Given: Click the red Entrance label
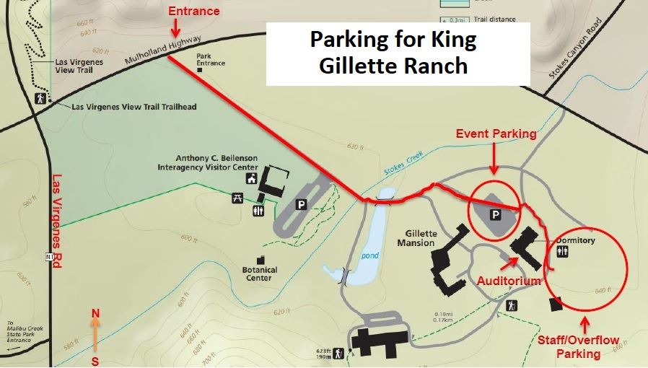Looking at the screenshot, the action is [x=193, y=12].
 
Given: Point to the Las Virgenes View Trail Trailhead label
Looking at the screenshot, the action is [x=134, y=107].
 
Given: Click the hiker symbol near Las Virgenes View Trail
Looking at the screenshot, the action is [x=41, y=98].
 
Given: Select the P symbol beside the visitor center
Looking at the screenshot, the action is [x=302, y=205].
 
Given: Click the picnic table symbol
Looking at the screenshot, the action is [x=237, y=198].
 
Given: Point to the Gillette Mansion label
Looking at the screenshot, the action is [x=416, y=239].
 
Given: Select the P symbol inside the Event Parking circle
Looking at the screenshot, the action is [x=496, y=214].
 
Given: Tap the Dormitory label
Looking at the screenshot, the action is [x=575, y=240].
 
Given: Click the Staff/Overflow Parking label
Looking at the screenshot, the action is [x=579, y=346].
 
